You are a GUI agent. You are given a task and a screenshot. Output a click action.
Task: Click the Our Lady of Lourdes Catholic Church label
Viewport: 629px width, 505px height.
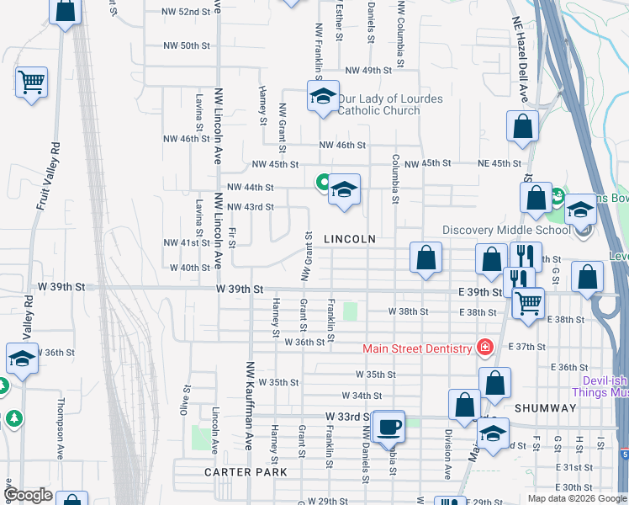[x=390, y=104]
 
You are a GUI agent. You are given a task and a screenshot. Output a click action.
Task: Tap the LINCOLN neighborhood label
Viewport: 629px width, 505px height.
[x=350, y=239]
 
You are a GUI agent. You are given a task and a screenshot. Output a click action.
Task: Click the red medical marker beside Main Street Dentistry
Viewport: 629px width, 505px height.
[x=484, y=347]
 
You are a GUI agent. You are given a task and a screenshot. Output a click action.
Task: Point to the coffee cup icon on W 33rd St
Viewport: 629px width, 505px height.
[x=388, y=427]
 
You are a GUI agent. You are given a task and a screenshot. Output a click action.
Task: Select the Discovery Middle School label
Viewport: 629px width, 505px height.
[x=506, y=231]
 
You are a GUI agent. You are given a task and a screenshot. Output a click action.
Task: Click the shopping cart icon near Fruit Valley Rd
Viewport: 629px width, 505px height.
[x=32, y=82]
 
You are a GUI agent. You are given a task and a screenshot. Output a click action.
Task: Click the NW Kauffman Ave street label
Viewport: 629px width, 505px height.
[x=249, y=406]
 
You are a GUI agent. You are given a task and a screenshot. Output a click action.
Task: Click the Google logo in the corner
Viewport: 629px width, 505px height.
[x=29, y=495]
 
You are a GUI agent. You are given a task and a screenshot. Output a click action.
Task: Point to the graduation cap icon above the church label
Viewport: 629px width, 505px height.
[x=321, y=97]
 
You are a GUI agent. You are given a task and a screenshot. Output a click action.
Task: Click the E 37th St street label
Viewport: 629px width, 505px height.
[x=527, y=347]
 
